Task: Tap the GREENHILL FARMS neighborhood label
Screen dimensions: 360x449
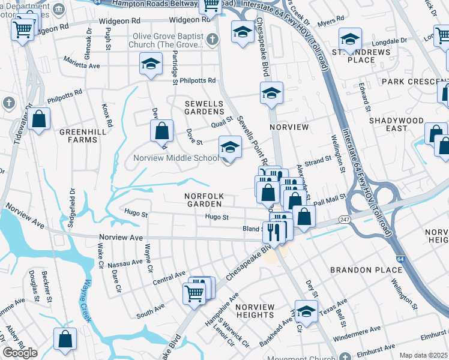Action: click(78, 135)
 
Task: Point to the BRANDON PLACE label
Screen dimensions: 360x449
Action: click(360, 271)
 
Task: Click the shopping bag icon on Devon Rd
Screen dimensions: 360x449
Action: click(162, 130)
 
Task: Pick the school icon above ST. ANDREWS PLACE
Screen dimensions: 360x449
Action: click(350, 39)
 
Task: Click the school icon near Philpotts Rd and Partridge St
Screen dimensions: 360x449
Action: click(151, 64)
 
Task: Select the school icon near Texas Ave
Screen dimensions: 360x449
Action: click(306, 311)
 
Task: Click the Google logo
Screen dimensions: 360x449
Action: click(20, 353)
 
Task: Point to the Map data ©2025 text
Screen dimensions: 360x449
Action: click(423, 355)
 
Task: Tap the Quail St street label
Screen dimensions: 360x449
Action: click(221, 124)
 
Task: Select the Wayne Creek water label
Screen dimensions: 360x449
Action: click(87, 300)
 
